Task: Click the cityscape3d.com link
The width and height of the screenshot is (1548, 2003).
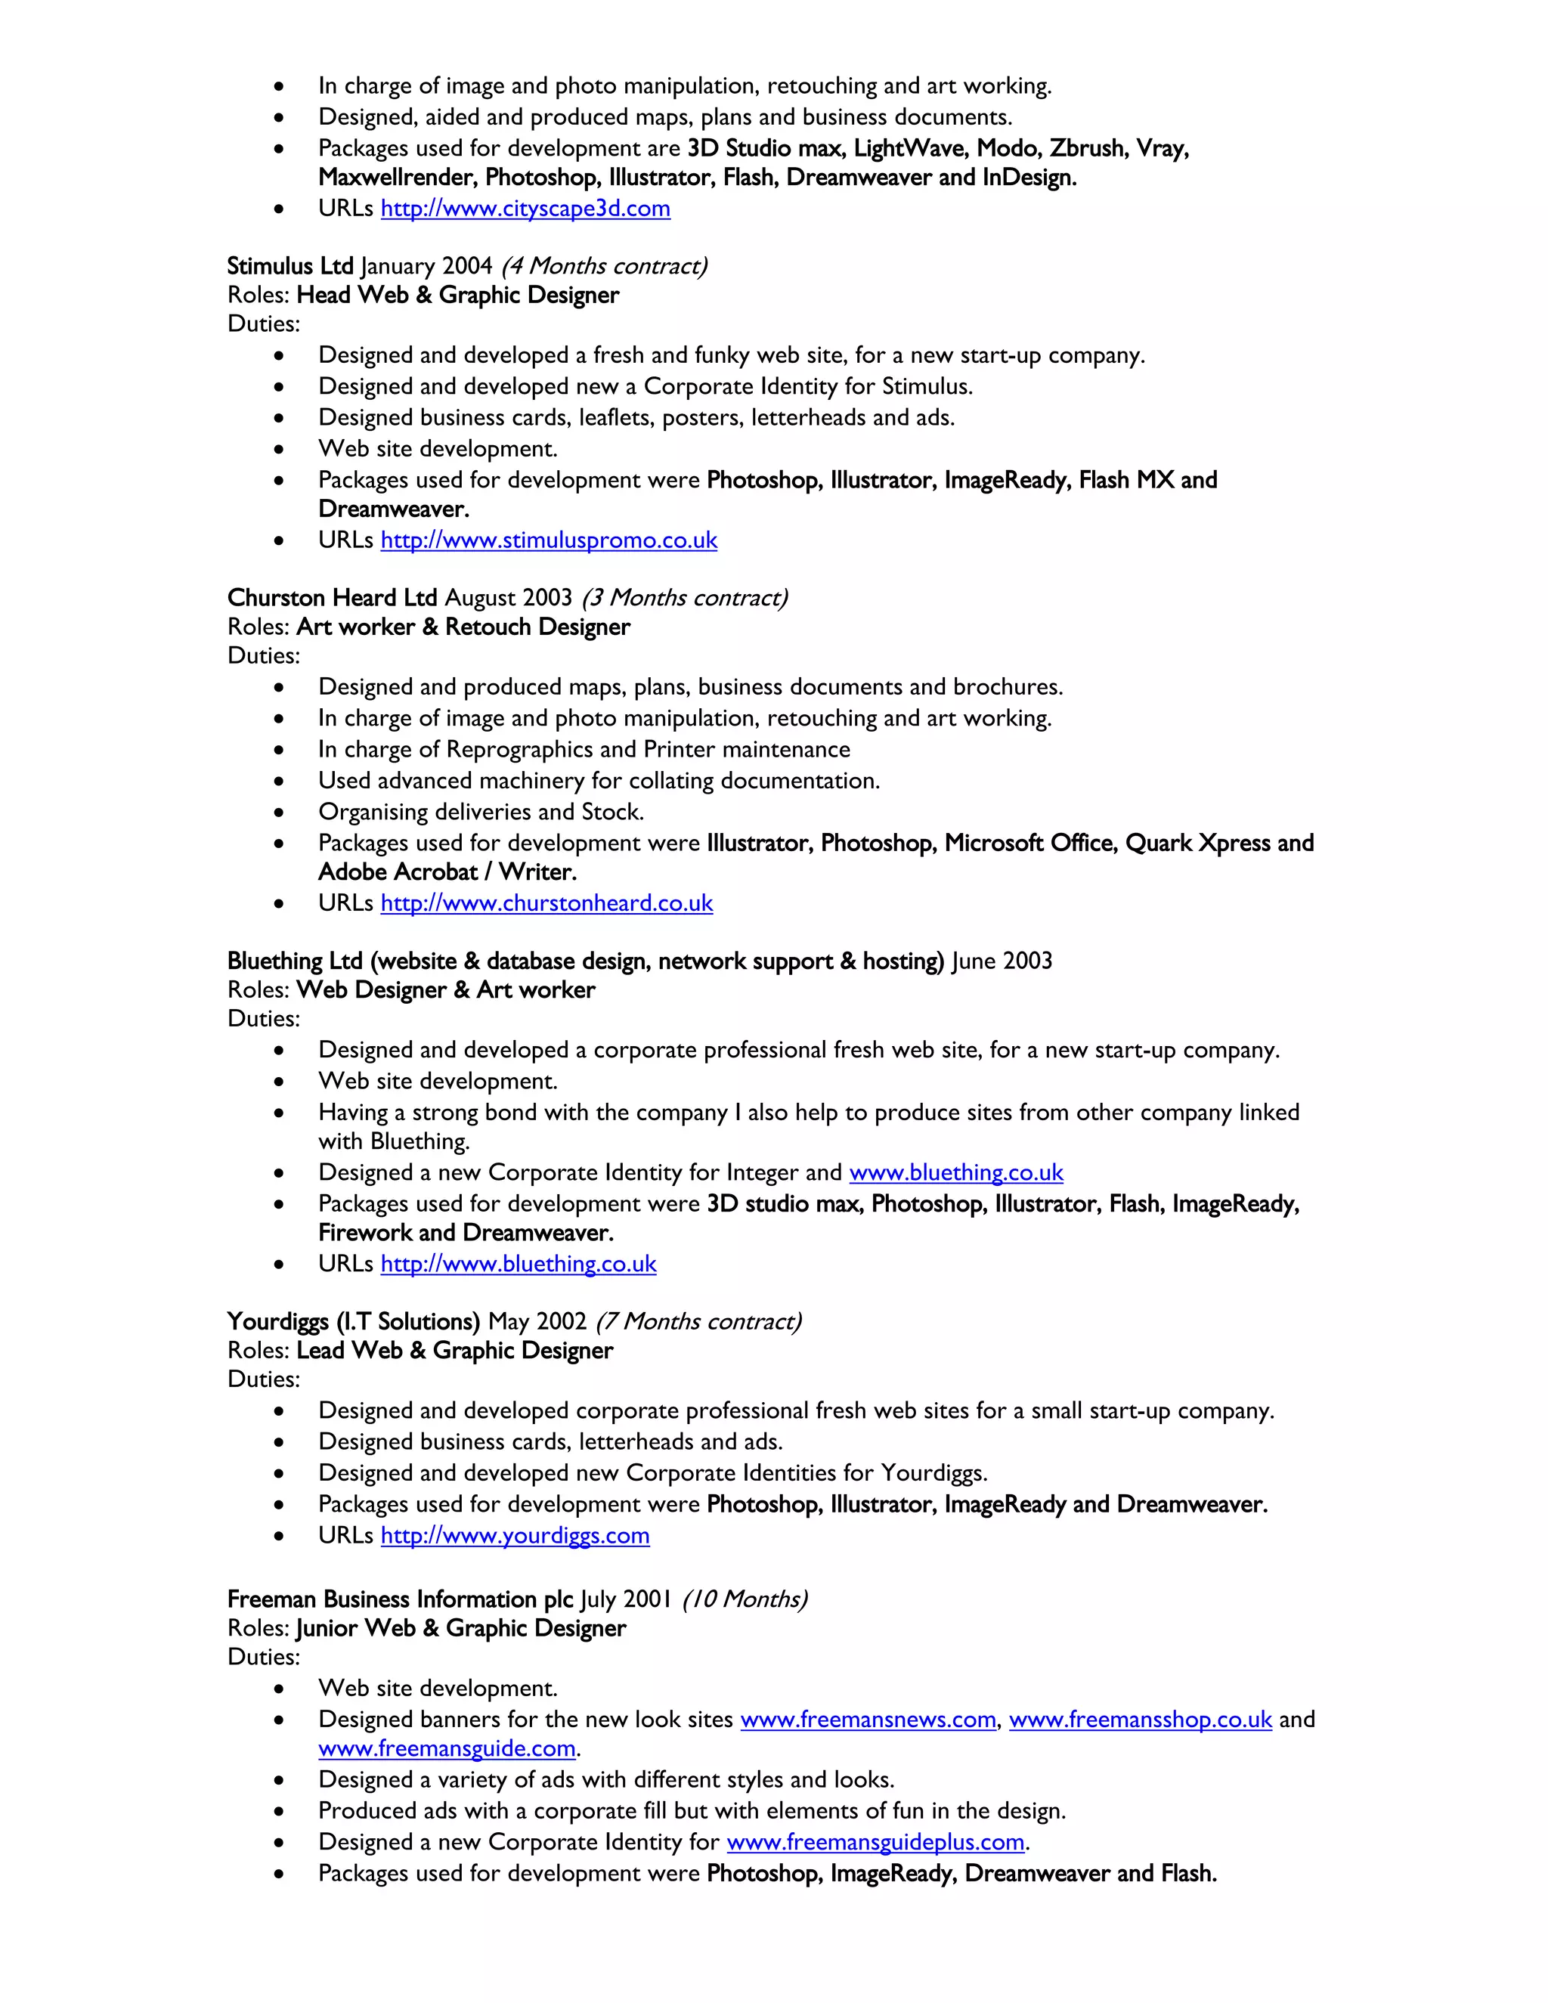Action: (x=525, y=209)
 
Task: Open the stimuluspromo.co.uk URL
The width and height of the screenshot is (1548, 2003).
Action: (x=549, y=540)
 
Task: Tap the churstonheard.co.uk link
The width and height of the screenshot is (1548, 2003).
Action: (x=546, y=903)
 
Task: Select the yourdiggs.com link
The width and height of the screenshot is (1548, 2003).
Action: (x=515, y=1535)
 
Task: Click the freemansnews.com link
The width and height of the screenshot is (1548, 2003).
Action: (x=868, y=1720)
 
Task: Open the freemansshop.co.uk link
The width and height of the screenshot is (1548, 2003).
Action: (x=1140, y=1720)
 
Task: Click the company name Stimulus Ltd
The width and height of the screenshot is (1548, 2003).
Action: (x=289, y=266)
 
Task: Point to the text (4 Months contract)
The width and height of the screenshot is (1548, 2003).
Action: (x=603, y=266)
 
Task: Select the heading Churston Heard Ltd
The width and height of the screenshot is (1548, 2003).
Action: (x=332, y=598)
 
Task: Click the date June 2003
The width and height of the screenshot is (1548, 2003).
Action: (x=1002, y=961)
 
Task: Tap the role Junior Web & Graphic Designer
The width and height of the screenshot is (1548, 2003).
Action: (x=460, y=1629)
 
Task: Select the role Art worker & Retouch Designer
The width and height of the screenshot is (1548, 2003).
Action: (x=463, y=627)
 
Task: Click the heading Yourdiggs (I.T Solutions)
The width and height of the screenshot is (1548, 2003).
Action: (x=353, y=1321)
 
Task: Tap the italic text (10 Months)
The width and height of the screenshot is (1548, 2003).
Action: (x=744, y=1599)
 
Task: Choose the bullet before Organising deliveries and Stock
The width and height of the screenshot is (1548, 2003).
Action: (x=279, y=813)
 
